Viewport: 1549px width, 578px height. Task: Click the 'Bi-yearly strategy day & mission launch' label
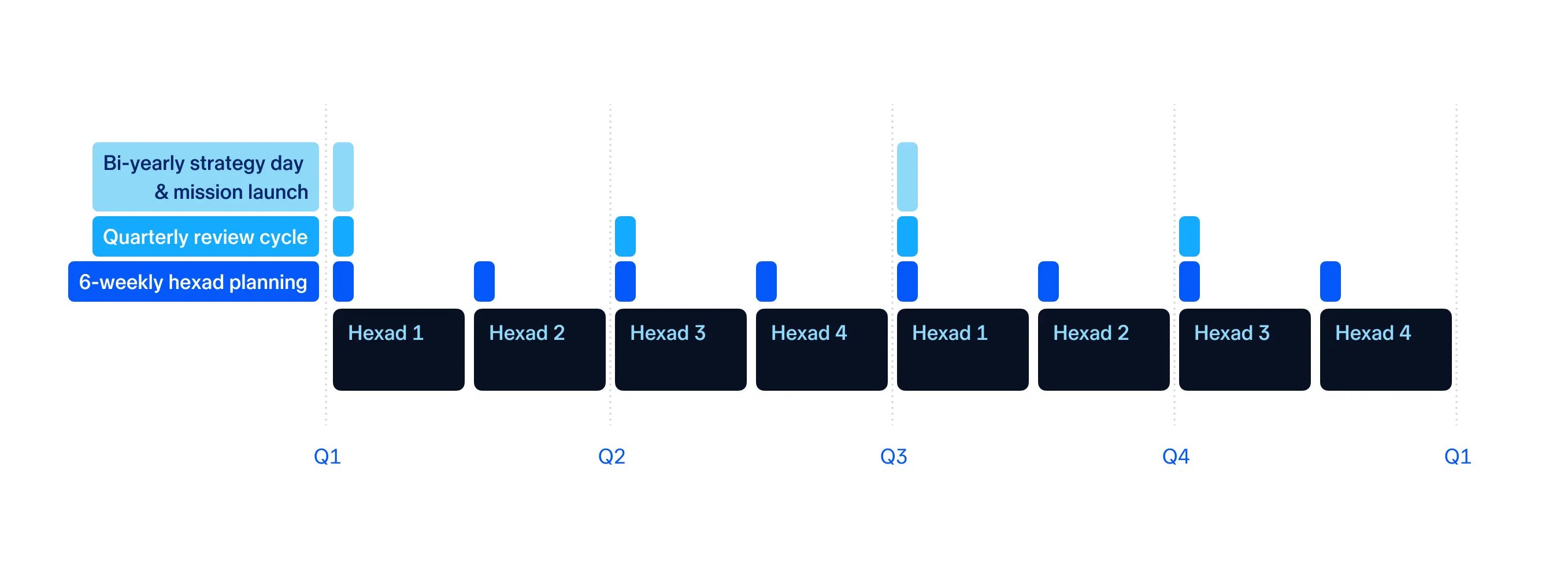tap(206, 177)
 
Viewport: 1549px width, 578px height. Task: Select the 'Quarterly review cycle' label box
tap(206, 236)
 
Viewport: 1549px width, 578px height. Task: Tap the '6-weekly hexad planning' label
tap(194, 281)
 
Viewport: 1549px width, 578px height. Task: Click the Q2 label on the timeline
tap(612, 457)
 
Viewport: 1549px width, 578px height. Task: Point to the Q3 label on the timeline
tap(894, 457)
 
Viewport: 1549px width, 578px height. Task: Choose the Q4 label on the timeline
tap(1176, 457)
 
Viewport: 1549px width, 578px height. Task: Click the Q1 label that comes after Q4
tap(1458, 457)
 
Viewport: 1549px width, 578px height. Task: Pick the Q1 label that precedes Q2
tap(327, 457)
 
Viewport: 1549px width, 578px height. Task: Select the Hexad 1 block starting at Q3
tap(963, 350)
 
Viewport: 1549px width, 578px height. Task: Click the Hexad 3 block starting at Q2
tap(681, 350)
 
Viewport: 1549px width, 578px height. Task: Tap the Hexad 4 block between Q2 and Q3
tap(821, 350)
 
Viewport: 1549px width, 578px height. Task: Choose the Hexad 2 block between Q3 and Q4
tap(1103, 350)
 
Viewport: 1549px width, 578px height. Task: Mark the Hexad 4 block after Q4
tap(1385, 350)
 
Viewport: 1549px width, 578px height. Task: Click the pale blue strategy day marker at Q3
tap(907, 177)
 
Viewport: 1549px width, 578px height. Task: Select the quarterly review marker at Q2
tap(625, 236)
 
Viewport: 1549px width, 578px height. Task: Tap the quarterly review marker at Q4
tap(1189, 236)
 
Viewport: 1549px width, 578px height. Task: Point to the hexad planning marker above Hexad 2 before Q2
tap(484, 281)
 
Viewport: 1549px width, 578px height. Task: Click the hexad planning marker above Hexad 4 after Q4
tap(1330, 281)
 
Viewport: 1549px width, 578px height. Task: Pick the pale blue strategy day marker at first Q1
tap(343, 177)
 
